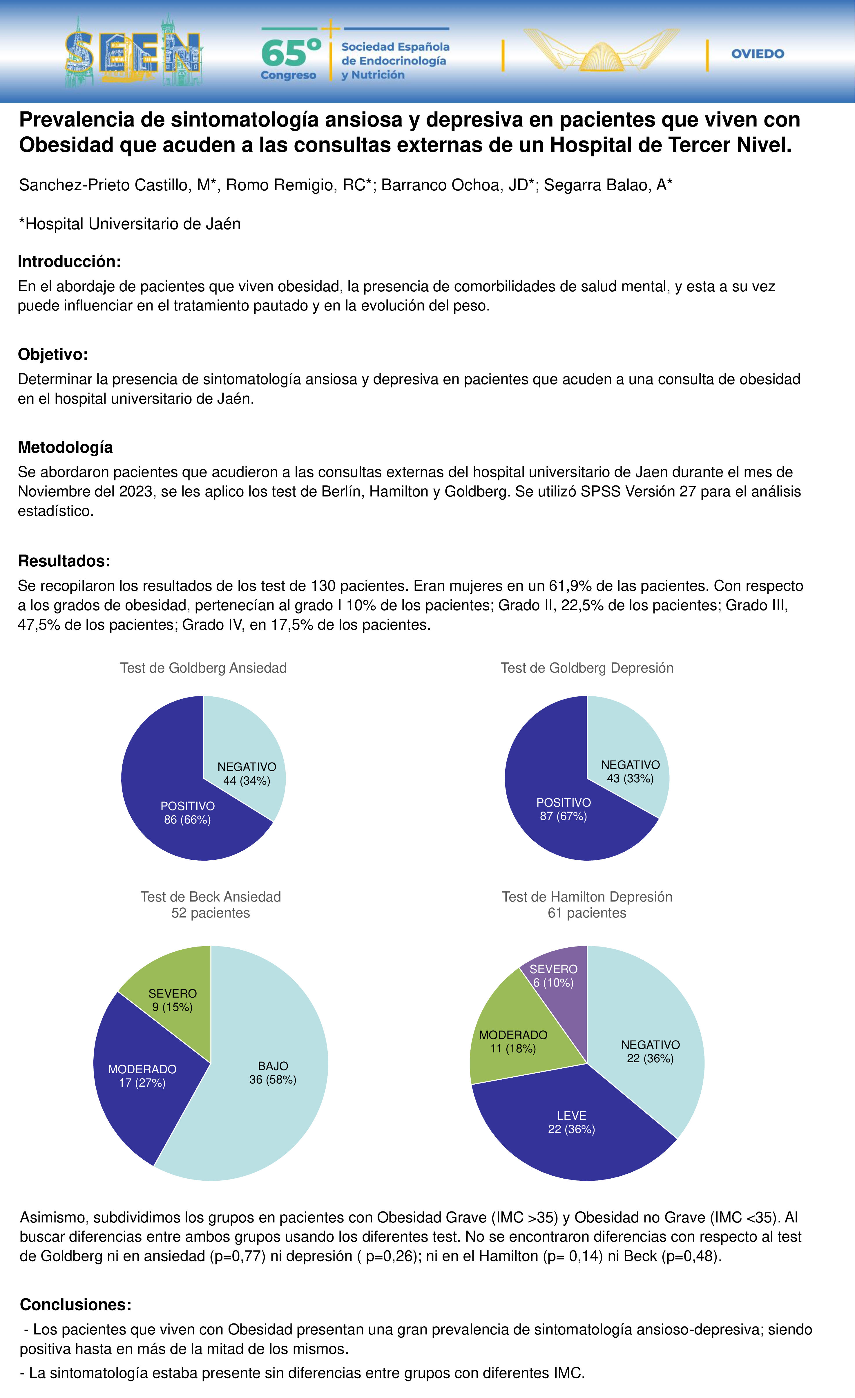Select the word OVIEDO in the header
click(758, 54)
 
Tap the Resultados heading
click(64, 561)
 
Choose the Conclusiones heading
click(75, 1305)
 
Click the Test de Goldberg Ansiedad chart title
click(204, 668)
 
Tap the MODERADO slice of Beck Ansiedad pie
click(142, 1078)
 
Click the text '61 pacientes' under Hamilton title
click(587, 913)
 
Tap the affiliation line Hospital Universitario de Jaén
click(130, 224)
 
